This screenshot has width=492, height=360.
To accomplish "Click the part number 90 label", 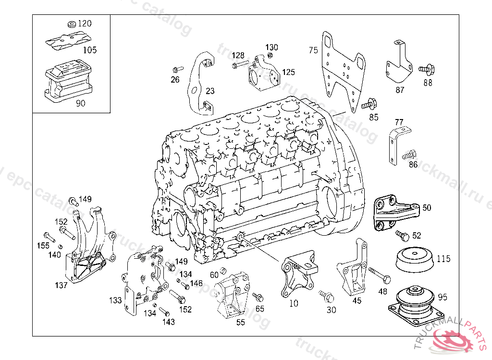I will [x=81, y=103].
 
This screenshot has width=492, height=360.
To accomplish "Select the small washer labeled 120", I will [x=71, y=24].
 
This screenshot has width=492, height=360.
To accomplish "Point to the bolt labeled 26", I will [x=176, y=69].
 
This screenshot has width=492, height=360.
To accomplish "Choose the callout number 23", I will [x=210, y=91].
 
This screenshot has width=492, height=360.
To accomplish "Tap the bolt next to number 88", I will [x=426, y=70].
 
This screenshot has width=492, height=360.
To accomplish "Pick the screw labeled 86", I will [x=407, y=155].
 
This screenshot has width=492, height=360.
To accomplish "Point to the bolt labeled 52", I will [x=402, y=235].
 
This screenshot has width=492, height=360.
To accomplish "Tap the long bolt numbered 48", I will [x=380, y=275].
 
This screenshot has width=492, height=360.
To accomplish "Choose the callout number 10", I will [x=293, y=304].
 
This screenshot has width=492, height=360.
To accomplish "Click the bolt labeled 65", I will [x=257, y=296].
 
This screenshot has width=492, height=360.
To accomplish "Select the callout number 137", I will [x=61, y=285].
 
